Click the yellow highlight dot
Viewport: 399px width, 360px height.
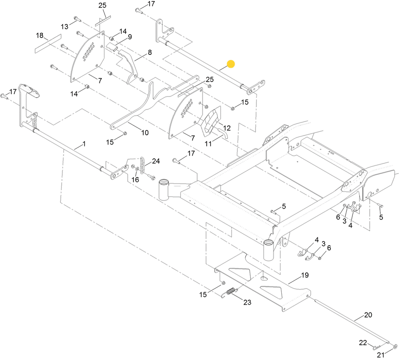click(x=231, y=64)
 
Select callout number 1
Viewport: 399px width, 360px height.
click(x=84, y=144)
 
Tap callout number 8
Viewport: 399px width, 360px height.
click(x=150, y=53)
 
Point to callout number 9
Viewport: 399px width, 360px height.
click(x=130, y=37)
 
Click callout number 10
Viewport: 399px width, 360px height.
click(x=145, y=132)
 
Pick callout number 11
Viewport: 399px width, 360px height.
click(x=208, y=144)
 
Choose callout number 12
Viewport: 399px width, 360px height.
click(x=227, y=128)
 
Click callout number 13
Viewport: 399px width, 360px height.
click(x=65, y=26)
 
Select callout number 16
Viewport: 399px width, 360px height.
click(x=135, y=180)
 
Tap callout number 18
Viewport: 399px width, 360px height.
click(x=40, y=35)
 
